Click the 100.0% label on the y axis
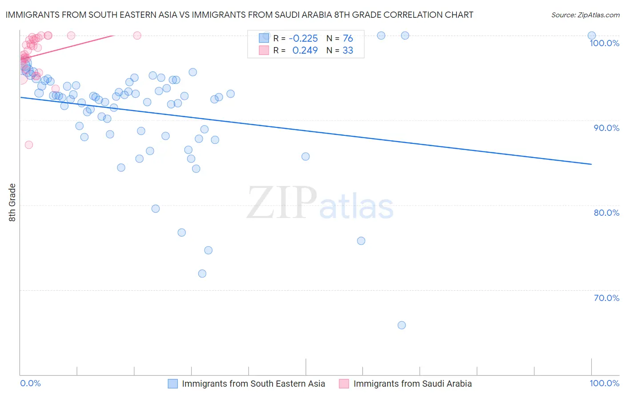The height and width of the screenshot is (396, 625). [x=604, y=43]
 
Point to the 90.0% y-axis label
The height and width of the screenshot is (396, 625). [x=606, y=128]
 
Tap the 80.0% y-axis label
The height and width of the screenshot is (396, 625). [x=606, y=213]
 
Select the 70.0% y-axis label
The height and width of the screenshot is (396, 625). [x=606, y=298]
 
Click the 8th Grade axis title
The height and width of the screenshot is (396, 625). [x=12, y=202]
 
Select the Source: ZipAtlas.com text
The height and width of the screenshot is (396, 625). [x=585, y=15]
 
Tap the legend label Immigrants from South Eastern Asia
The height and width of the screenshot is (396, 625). [x=253, y=384]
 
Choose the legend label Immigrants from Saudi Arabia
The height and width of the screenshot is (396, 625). [x=413, y=384]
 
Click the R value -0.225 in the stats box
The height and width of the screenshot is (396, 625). [x=303, y=39]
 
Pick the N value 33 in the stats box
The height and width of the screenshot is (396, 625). [x=348, y=51]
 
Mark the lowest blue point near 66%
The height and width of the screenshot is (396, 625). [x=401, y=325]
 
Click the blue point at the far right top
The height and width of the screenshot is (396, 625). [x=592, y=36]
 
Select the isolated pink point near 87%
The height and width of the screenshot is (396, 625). [x=29, y=145]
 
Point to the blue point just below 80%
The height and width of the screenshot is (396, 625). [x=156, y=209]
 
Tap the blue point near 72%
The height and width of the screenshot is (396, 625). [x=202, y=273]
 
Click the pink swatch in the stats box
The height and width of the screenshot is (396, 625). [x=264, y=50]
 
